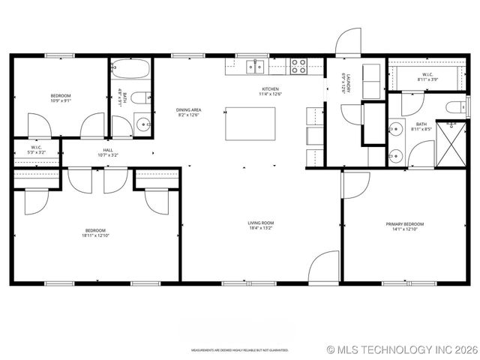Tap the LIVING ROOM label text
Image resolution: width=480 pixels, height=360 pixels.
(x=261, y=223)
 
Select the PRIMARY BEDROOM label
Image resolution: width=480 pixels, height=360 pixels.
(x=405, y=224)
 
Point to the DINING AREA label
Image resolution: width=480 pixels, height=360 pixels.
(x=189, y=110)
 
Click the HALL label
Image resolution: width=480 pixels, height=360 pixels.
(x=108, y=150)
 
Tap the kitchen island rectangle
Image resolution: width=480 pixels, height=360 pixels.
(x=250, y=121)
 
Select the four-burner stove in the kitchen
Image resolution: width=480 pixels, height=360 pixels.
(x=298, y=66)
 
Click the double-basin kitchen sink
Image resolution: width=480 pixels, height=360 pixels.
(x=256, y=67)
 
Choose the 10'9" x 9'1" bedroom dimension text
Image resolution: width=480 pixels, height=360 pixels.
(x=61, y=101)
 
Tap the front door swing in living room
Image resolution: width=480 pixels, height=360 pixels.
(x=325, y=268)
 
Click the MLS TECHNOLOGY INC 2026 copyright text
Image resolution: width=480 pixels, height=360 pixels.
(x=402, y=349)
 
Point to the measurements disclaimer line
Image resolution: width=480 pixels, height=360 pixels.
(x=240, y=349)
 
